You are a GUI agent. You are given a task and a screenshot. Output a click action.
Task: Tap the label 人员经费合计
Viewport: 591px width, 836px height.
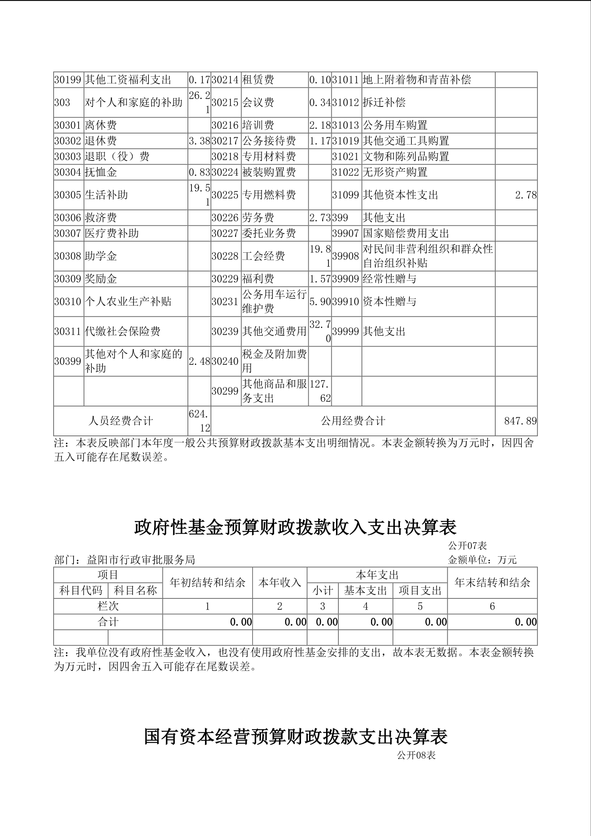pos(120,421)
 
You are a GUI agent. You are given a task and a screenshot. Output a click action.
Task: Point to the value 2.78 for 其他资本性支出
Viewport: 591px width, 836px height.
pos(526,195)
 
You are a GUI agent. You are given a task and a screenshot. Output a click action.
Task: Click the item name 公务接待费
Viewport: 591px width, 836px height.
pos(269,141)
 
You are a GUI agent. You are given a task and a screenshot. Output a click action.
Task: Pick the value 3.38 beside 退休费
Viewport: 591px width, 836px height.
pos(199,141)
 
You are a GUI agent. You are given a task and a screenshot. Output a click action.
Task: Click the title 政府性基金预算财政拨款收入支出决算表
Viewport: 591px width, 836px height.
pos(295,527)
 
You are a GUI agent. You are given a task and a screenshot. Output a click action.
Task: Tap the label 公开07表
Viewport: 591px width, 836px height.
pos(467,546)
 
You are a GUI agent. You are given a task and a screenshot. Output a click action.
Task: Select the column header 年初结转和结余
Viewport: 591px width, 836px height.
pos(207,583)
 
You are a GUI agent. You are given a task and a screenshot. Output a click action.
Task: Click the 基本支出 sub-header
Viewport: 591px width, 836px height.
pos(365,591)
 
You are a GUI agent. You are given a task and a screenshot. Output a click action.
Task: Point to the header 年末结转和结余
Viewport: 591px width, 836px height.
pos(492,583)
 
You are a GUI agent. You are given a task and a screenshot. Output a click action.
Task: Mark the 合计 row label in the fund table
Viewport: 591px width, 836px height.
pos(108,622)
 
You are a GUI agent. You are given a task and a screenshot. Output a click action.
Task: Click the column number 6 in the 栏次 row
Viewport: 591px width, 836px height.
pos(492,606)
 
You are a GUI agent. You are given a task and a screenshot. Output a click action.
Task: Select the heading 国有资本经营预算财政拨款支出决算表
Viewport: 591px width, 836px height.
pos(295,737)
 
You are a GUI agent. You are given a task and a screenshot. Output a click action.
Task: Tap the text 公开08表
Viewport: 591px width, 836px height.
pos(416,755)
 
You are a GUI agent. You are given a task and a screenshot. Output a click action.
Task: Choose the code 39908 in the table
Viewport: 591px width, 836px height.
pos(346,256)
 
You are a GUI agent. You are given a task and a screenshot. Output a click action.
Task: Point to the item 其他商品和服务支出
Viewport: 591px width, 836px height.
pos(274,391)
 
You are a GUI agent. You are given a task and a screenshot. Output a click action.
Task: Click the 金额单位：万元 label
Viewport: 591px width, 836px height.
pos(482,560)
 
